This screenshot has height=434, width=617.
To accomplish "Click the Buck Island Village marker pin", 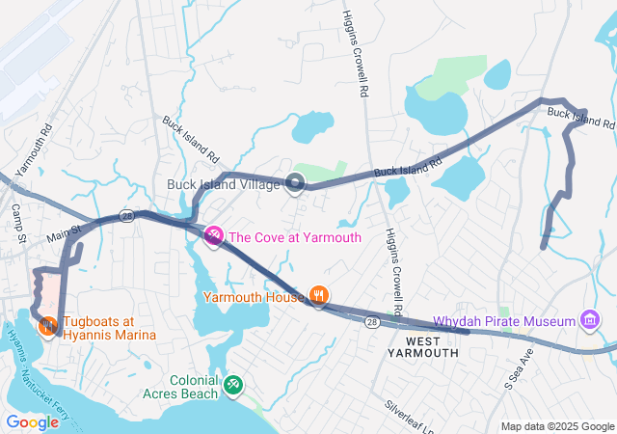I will coord(295,183).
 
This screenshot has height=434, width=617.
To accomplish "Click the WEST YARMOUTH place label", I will coord(430,347).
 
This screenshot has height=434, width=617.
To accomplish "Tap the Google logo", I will coord(32,421).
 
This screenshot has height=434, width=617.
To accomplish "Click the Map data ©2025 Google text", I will coord(558,426).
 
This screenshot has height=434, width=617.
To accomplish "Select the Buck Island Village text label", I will coord(223,183).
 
